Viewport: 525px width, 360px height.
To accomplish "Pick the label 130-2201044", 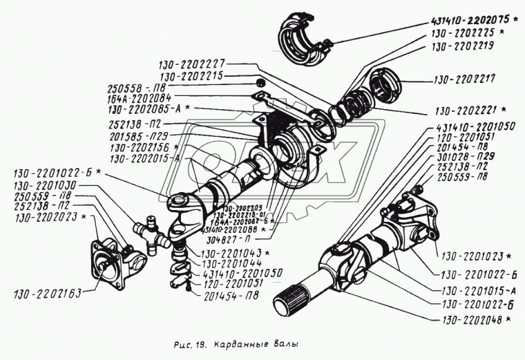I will (x=233, y=264).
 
